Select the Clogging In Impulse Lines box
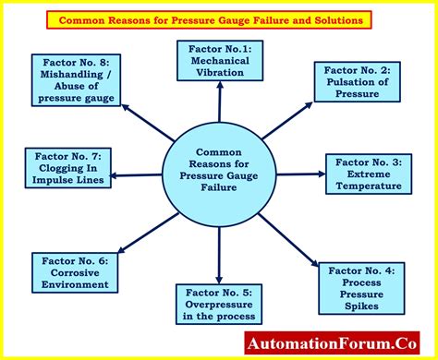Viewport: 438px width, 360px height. click(70, 167)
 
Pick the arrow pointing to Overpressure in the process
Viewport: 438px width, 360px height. click(219, 254)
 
